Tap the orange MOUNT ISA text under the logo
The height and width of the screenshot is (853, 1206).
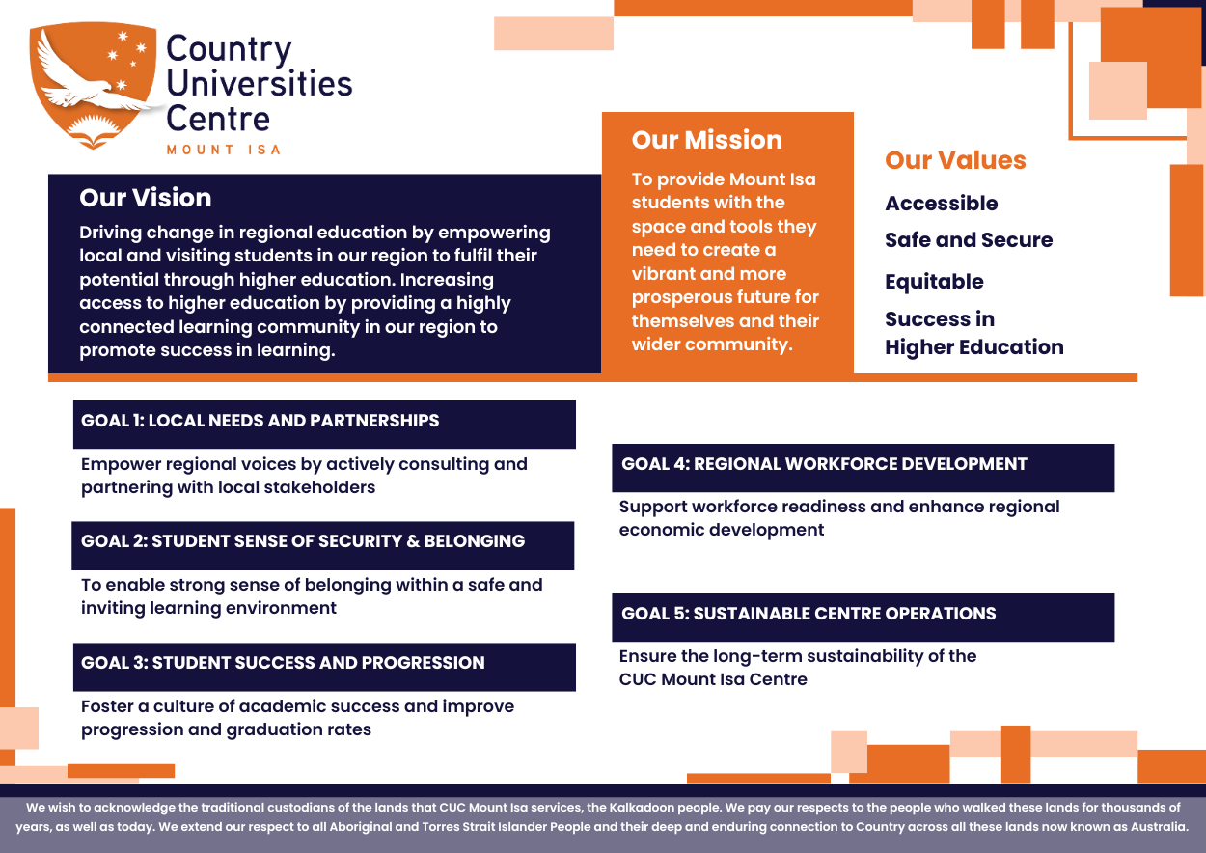point(223,150)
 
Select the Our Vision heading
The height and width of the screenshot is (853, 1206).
point(145,198)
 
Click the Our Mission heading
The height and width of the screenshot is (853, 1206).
point(706,140)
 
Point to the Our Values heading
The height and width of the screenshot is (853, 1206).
point(955,160)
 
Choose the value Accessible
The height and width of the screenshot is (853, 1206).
point(941,204)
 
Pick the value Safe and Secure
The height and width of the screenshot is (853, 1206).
point(969,240)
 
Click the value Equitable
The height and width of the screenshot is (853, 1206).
point(934,282)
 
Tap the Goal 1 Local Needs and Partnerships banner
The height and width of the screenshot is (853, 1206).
point(324,422)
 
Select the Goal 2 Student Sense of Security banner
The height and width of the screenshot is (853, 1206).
point(323,542)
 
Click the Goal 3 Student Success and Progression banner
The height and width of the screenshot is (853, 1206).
point(324,664)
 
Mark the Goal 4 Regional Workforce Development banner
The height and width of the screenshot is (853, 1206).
point(863,465)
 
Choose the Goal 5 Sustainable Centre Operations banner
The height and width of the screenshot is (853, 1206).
point(863,615)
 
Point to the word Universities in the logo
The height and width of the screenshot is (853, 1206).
point(260,84)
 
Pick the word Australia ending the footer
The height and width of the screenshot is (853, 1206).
point(1156,827)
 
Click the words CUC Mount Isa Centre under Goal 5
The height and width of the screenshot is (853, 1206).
point(713,679)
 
